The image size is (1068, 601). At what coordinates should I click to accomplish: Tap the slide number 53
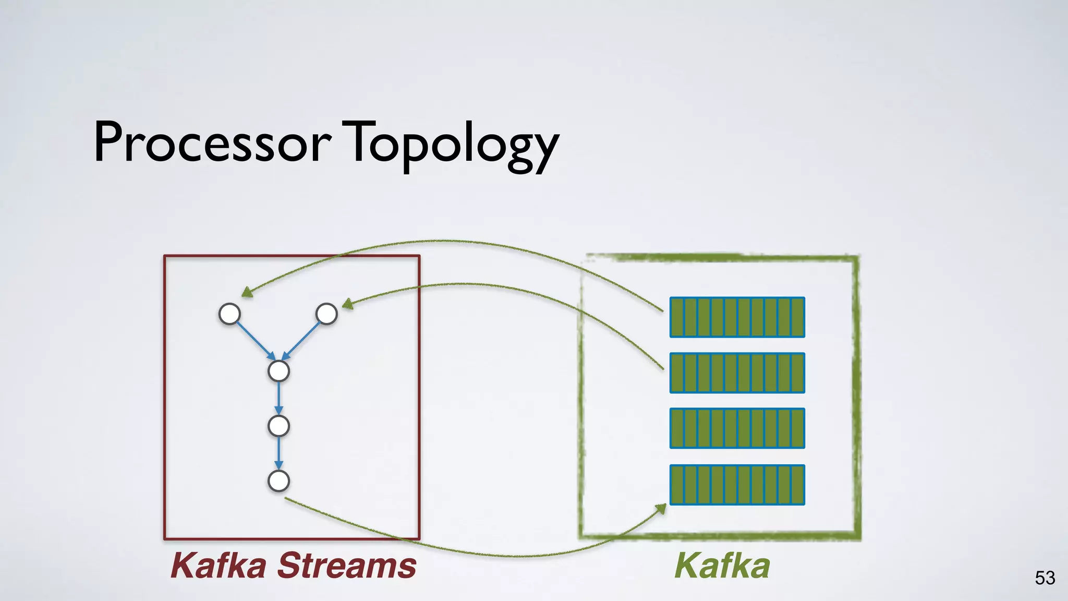[1045, 578]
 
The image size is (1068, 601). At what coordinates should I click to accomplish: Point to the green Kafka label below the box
[722, 566]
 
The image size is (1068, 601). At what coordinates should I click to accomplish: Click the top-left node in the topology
[229, 314]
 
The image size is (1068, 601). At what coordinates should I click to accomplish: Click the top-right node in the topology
[326, 314]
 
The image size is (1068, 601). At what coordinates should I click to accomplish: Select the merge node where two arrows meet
[278, 371]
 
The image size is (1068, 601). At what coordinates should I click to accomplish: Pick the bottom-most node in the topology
[278, 481]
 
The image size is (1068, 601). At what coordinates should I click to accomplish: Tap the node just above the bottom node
[278, 426]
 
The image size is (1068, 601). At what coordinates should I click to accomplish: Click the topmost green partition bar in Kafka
[737, 317]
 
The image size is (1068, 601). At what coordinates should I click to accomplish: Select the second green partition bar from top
[737, 372]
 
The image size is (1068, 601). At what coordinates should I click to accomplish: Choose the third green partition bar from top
[737, 428]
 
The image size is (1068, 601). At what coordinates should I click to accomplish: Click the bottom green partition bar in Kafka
[737, 485]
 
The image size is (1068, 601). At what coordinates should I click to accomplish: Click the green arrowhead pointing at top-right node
[347, 304]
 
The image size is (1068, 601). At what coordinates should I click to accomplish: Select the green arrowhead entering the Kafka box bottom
[661, 509]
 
